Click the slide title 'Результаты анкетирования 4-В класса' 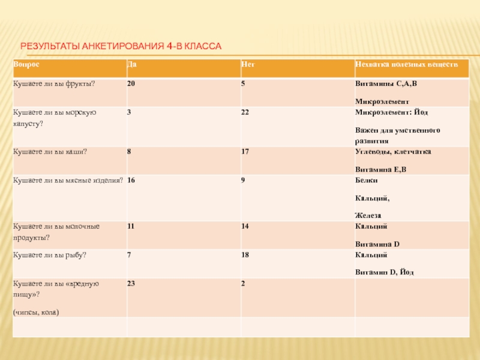click(121, 46)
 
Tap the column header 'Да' click(131, 64)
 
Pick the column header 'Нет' click(247, 64)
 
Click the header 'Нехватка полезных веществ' click(406, 64)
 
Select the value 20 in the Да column click(131, 83)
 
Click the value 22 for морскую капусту click(245, 112)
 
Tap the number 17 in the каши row click(245, 151)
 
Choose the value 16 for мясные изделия click(131, 180)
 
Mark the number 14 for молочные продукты click(245, 226)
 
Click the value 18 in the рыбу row click(245, 255)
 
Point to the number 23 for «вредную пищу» click(131, 284)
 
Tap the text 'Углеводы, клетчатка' click(392, 151)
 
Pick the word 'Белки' click(367, 180)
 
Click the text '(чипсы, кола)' click(36, 313)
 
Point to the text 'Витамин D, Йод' click(384, 272)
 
